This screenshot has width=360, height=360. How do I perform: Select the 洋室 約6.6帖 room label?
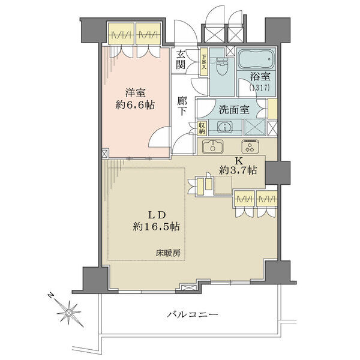coord(135,99)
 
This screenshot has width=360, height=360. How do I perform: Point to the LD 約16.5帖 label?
coord(157,221)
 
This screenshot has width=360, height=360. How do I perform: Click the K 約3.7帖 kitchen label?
coord(238,166)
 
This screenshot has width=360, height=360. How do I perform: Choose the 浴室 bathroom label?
coord(260,76)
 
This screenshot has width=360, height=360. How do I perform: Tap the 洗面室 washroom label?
coord(234,110)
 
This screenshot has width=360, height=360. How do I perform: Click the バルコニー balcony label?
coord(193,314)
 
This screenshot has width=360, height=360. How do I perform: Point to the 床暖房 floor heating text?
coord(168,253)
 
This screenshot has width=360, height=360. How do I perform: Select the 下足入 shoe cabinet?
coord(204,62)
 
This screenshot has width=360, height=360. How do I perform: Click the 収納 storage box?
coord(202,128)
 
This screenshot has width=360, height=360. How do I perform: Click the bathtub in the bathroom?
coord(256,59)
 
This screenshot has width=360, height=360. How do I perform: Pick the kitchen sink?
coord(213,146)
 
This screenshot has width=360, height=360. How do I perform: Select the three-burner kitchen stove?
coord(250,146)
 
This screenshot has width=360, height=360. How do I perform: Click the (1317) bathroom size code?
coord(259,88)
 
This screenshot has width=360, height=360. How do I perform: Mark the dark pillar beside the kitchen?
coord(278,173)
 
